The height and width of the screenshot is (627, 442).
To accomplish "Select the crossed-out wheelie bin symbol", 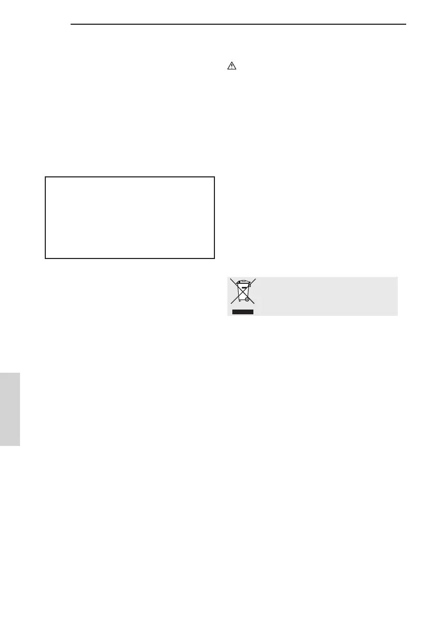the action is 242,293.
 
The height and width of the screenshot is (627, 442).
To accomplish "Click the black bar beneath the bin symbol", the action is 242,312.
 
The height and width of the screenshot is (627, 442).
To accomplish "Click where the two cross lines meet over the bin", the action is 242,292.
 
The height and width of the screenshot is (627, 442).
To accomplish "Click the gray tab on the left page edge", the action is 10,409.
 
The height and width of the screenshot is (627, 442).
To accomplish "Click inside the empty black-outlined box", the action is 130,217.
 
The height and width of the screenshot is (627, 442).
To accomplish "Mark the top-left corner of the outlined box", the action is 45,177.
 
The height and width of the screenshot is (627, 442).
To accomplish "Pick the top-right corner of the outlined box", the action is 215,177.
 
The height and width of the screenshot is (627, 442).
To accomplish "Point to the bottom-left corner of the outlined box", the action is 45,258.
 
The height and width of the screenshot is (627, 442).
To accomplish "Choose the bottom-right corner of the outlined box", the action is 215,258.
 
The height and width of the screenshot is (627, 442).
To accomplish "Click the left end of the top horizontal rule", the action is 71,24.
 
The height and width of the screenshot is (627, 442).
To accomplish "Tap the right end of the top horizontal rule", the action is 406,24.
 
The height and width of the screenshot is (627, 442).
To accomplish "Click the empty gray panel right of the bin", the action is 327,296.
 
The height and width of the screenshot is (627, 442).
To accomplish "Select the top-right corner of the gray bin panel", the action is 397,277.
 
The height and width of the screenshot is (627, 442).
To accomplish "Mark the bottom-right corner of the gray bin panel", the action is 397,315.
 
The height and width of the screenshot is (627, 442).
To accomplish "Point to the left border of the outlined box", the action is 45,217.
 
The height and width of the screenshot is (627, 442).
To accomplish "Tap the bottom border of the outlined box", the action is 130,258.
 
